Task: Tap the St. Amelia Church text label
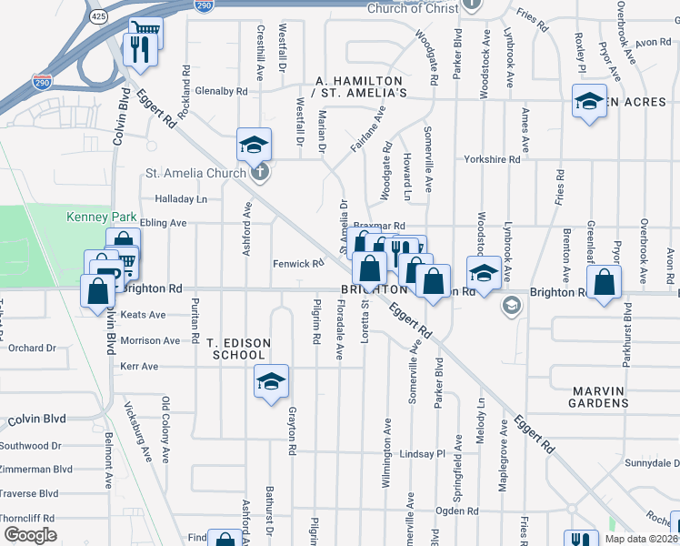point(195,173)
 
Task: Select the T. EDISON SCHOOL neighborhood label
point(238,348)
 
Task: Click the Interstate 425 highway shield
point(98,16)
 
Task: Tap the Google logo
point(30,535)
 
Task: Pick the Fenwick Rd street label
point(298,264)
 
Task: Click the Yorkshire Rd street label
point(491,159)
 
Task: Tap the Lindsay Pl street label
point(423,453)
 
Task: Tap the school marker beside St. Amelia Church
point(255,144)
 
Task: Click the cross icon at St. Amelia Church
point(260,172)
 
